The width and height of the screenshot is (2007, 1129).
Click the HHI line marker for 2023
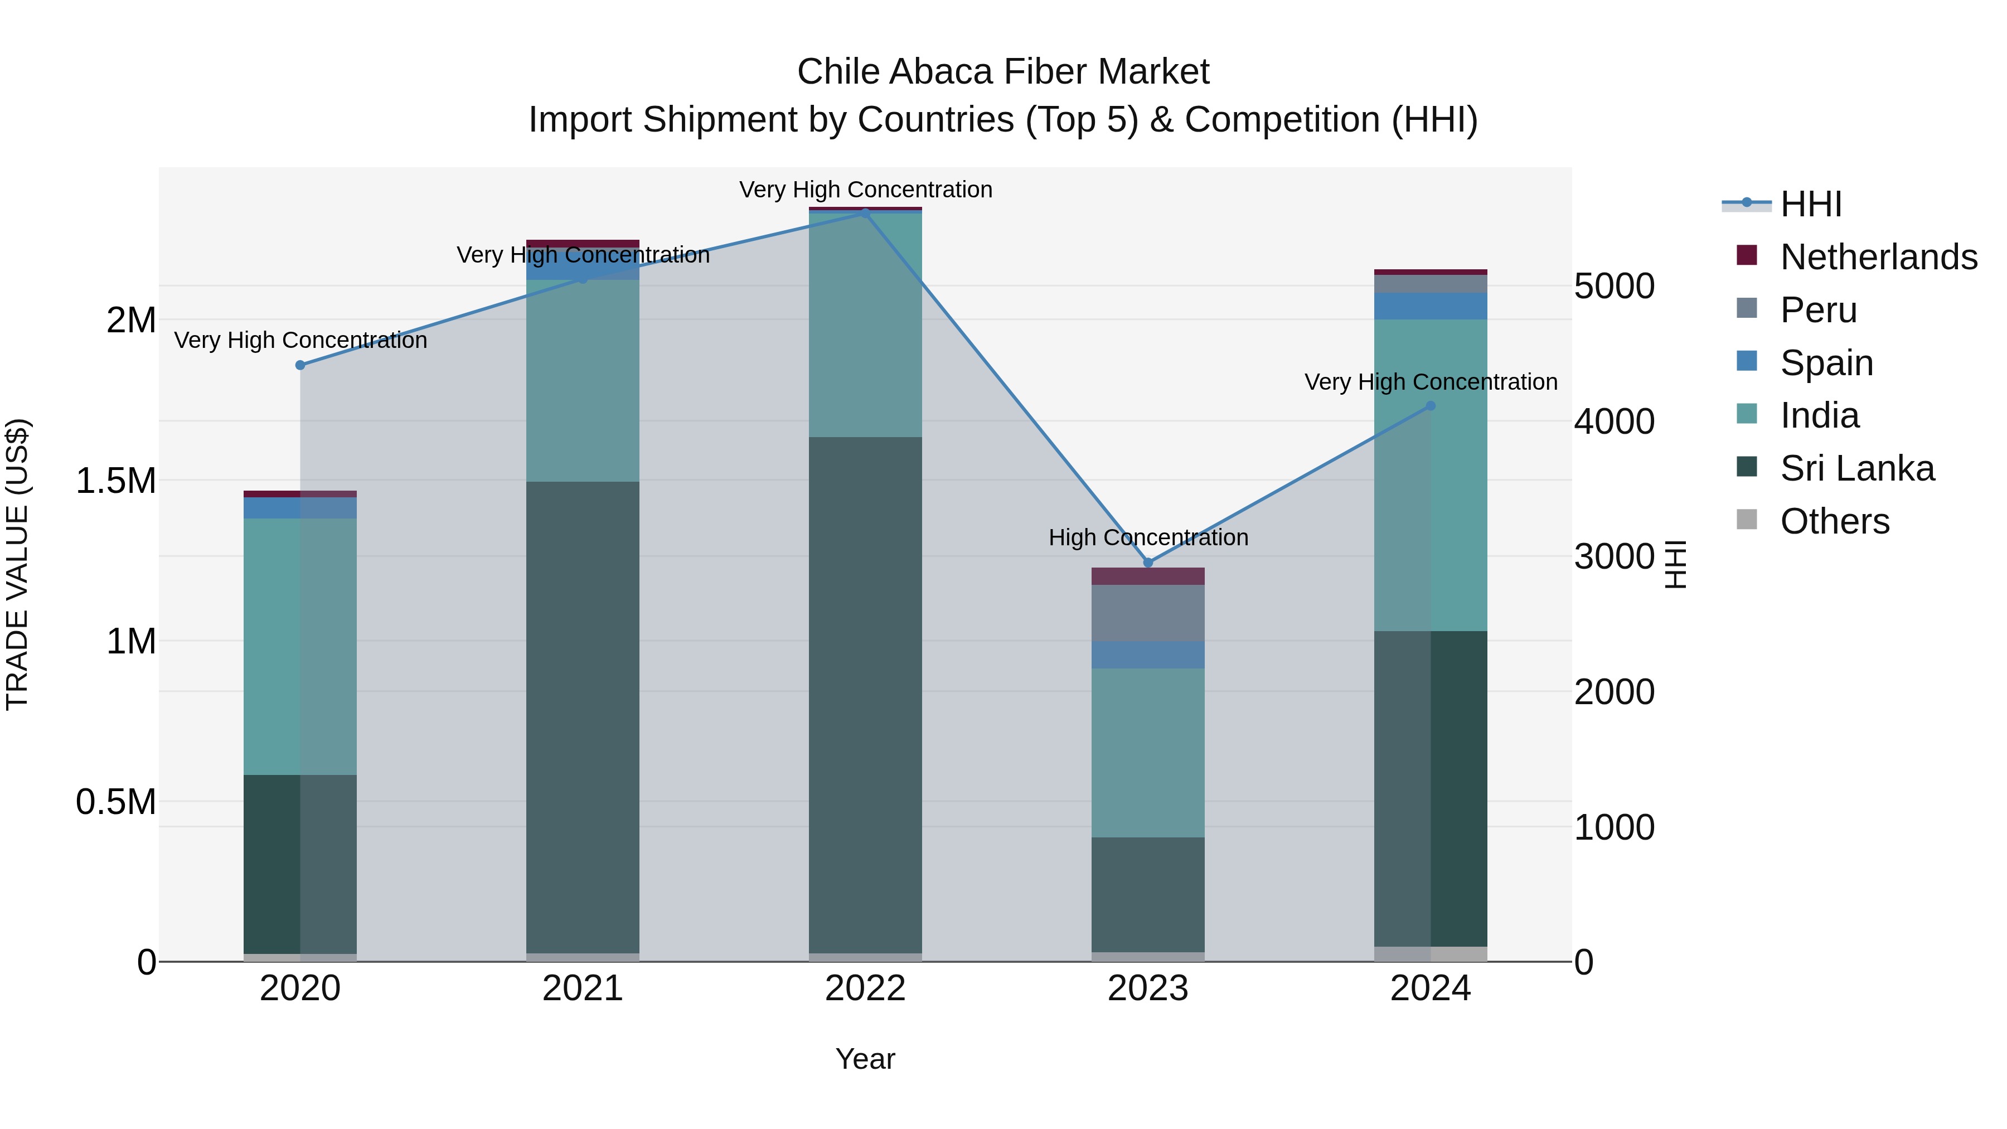1148,563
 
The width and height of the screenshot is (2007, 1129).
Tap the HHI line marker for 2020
300,365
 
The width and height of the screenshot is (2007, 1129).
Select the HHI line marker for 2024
1431,406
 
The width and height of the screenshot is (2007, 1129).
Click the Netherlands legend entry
1878,257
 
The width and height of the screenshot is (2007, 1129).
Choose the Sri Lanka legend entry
1856,468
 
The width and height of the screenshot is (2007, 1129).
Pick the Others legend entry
1834,521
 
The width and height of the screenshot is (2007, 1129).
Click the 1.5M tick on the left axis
116,481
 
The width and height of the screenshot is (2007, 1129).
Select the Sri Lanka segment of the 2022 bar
865,694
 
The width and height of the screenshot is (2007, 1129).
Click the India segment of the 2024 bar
1431,475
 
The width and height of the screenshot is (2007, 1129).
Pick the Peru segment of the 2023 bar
1148,613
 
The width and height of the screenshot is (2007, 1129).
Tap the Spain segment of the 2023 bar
1148,655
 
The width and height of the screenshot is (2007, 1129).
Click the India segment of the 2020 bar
300,647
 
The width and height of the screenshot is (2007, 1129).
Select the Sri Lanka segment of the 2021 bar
583,717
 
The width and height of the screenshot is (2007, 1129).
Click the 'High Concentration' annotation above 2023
1148,537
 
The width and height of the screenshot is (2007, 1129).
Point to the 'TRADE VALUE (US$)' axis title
17,564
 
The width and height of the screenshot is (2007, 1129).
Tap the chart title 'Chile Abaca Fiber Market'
1003,72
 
